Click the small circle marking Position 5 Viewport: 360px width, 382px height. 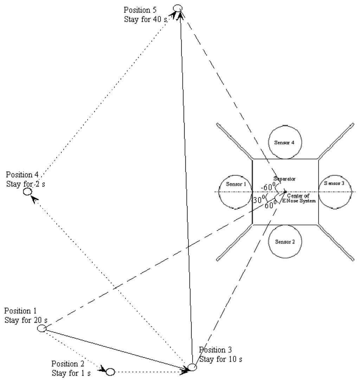point(178,8)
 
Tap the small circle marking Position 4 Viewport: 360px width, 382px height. point(27,192)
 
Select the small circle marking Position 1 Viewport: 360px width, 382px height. point(41,328)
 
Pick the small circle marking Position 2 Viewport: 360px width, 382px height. point(110,371)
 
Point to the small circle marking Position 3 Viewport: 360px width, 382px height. point(192,367)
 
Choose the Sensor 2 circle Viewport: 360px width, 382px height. point(285,242)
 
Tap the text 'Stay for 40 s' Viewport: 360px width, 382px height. point(146,19)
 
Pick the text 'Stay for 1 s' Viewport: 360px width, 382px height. point(71,373)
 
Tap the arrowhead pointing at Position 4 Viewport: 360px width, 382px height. point(33,199)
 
